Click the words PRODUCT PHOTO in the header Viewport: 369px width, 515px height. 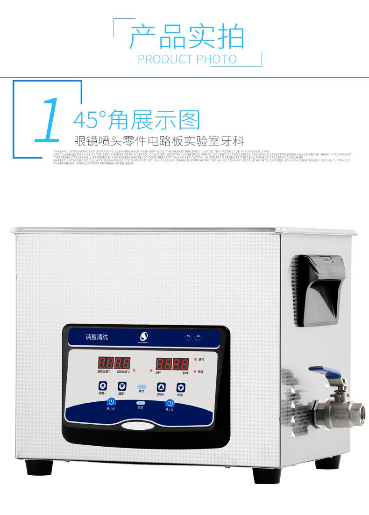(x=187, y=59)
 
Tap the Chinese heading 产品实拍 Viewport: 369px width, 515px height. (x=187, y=37)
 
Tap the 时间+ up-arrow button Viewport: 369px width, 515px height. (x=161, y=387)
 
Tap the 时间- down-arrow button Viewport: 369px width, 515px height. (x=180, y=387)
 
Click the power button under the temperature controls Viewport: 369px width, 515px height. (x=111, y=402)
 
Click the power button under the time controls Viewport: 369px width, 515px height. (x=170, y=402)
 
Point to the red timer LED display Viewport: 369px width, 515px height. (x=166, y=363)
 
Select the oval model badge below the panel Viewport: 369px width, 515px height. (x=140, y=426)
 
